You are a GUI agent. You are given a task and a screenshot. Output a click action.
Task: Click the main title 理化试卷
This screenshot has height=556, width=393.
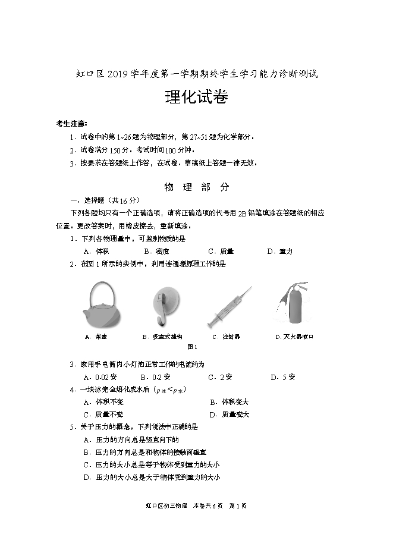pos(196,99)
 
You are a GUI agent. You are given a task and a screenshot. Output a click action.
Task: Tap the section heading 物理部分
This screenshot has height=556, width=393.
pos(197,187)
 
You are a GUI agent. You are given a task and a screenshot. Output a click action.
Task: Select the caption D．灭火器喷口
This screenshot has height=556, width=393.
pos(294,337)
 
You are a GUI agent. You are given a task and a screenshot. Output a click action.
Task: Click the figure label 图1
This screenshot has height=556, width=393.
pos(191,347)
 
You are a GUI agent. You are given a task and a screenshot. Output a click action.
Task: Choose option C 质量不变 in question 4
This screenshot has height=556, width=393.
pos(103,414)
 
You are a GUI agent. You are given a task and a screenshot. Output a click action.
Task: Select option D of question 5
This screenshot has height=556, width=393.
pos(152,478)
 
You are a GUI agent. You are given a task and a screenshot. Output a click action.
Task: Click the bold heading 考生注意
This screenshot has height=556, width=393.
pos(71,124)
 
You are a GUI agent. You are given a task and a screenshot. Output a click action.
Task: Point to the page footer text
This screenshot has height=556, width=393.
pos(196,506)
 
